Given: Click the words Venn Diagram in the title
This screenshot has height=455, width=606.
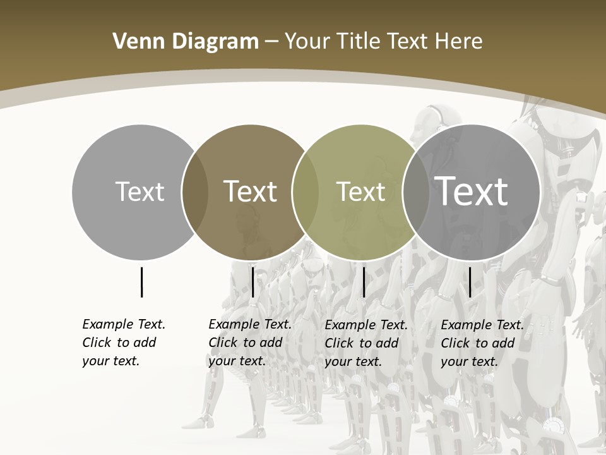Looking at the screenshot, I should [185, 42].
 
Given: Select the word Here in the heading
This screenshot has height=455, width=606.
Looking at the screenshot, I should [458, 42].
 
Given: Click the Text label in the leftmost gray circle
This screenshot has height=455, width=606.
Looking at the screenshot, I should [140, 191].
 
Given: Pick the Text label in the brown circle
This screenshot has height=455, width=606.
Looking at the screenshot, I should [250, 191].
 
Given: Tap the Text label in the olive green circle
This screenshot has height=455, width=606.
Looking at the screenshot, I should [360, 191].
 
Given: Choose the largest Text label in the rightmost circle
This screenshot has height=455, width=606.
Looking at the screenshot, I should [472, 191].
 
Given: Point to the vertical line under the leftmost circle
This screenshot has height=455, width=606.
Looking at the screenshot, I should [141, 282].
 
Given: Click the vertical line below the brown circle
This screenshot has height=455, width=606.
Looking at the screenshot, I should [252, 282].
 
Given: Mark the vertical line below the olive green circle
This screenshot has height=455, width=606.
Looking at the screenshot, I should [364, 282].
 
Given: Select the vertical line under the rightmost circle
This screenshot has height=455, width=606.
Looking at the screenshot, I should [470, 282].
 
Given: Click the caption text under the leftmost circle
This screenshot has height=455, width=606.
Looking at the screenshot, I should [123, 343].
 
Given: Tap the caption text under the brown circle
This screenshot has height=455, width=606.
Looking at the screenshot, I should [249, 343].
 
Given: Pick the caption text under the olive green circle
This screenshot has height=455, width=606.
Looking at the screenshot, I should [365, 343].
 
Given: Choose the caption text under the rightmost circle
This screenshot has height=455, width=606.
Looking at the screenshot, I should [482, 343].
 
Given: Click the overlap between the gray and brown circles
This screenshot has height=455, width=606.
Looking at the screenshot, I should [195, 192].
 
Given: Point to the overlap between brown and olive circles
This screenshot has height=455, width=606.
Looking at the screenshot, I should [306, 192].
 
